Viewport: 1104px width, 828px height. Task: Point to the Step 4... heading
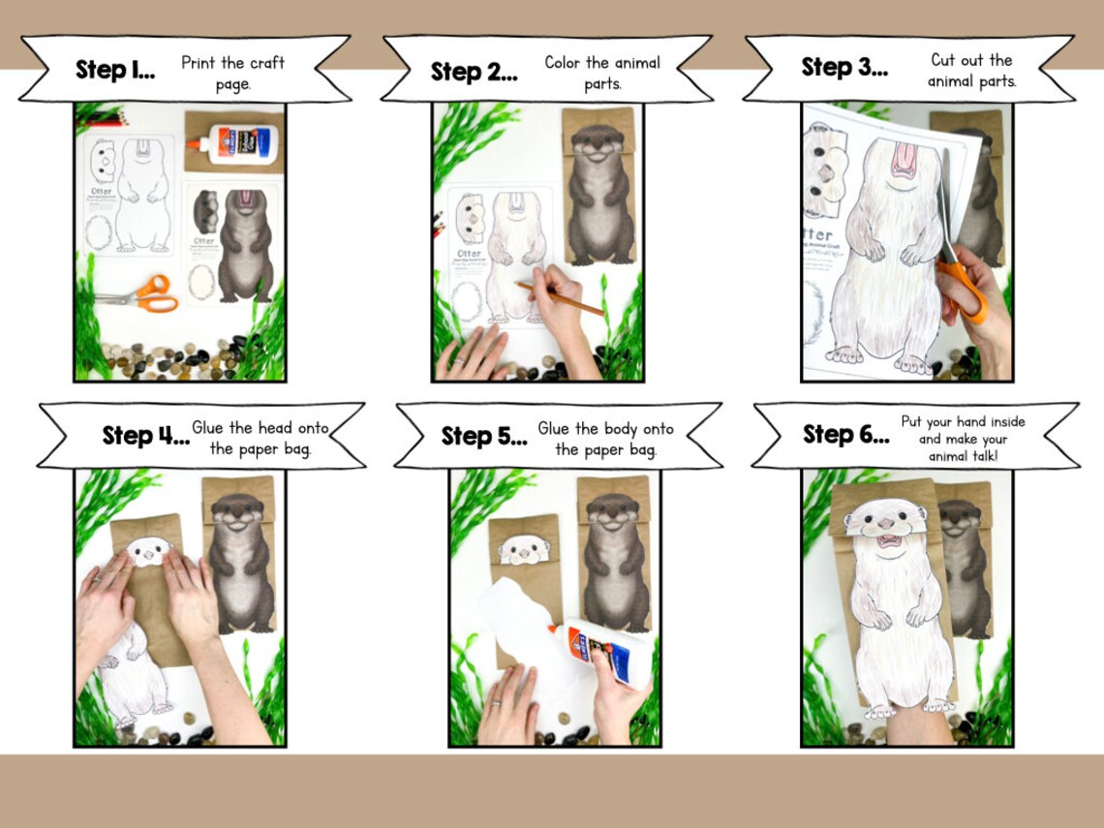pyautogui.click(x=145, y=435)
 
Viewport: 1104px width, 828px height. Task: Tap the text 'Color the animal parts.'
pyautogui.click(x=601, y=73)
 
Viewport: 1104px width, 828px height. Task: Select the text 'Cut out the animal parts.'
pyautogui.click(x=970, y=71)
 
